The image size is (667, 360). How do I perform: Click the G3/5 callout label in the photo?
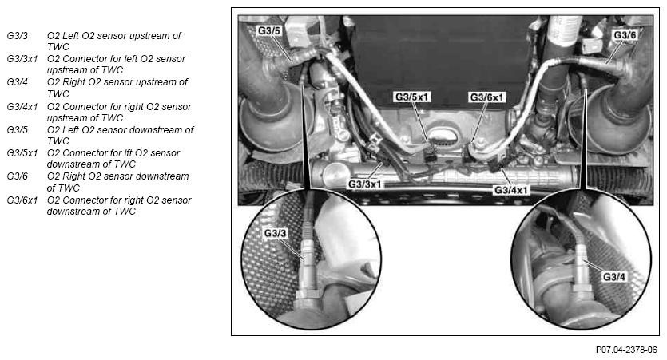[269, 30]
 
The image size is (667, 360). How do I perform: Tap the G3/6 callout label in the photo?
[625, 35]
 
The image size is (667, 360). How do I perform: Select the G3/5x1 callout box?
[411, 97]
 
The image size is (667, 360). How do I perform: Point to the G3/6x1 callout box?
[486, 97]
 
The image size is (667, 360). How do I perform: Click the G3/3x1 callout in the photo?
[364, 184]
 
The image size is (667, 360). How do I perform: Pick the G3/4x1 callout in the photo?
[510, 190]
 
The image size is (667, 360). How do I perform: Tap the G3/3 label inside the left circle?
[276, 233]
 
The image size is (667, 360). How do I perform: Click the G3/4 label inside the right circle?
[614, 277]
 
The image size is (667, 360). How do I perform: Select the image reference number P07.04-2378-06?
[626, 350]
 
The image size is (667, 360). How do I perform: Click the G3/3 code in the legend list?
[17, 36]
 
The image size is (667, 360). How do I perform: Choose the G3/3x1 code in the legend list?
[22, 58]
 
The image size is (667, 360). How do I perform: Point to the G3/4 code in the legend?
[17, 81]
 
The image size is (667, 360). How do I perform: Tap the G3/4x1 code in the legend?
[22, 106]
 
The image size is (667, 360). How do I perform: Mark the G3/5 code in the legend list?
[17, 129]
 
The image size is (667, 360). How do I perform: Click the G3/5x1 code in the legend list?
[22, 152]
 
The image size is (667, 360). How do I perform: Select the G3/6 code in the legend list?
[17, 176]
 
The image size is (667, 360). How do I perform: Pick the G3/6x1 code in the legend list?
[22, 200]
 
